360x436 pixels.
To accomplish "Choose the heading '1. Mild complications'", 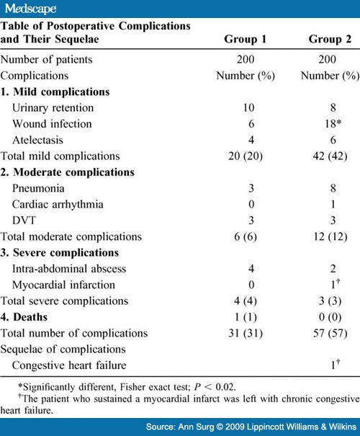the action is (56, 92).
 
